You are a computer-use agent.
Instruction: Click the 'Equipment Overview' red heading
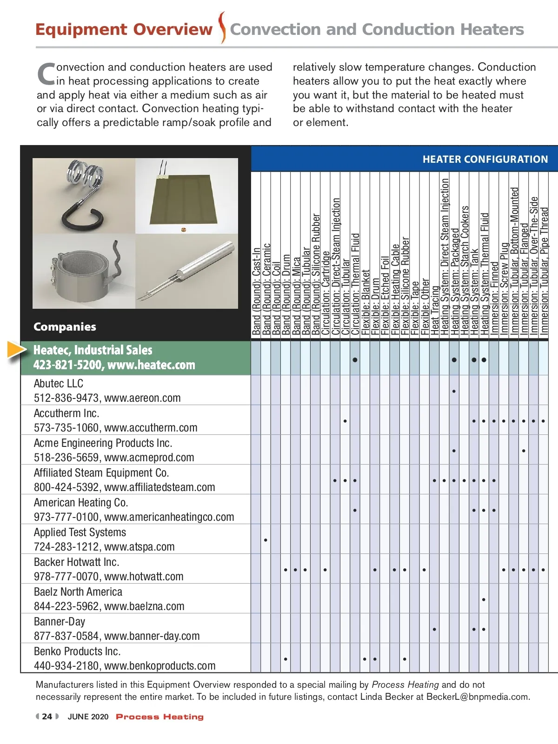pos(124,29)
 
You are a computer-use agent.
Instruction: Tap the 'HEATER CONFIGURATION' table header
pos(485,159)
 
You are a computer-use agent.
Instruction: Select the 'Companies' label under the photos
pos(65,327)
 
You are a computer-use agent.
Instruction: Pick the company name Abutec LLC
pos(59,384)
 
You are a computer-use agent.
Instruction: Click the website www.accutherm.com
pos(151,428)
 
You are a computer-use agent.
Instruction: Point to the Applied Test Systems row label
pos(80,532)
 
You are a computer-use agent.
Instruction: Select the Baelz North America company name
pos(78,592)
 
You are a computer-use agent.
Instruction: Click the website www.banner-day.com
pos(152,636)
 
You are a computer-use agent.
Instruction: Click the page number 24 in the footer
pos(47,717)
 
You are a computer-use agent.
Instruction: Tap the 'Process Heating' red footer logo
pos(159,717)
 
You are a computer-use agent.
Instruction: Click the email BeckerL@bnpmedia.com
pos(478,697)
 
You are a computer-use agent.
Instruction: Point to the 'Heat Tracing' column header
pos(434,309)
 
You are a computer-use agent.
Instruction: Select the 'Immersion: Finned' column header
pos(494,298)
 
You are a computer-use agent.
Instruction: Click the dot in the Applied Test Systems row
pos(266,540)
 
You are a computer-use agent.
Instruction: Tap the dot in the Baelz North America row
pos(484,599)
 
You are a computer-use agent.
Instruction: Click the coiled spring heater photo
pos(84,195)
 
